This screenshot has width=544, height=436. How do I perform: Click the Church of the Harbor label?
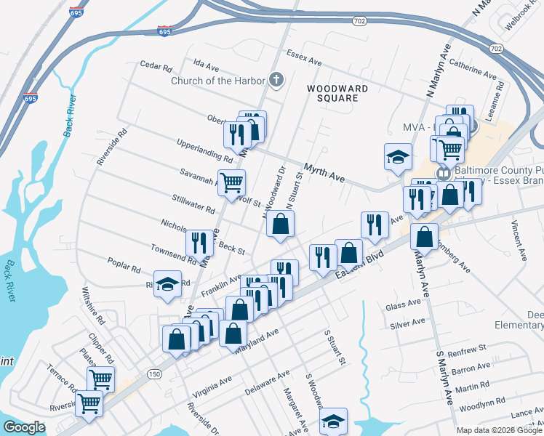pos(217,81)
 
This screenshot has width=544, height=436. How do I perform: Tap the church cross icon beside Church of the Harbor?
pos(276,80)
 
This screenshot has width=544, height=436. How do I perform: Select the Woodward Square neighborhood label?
pos(337,93)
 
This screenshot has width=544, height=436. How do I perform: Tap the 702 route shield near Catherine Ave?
pos(495,49)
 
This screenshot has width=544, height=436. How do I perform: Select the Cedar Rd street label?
pos(156,68)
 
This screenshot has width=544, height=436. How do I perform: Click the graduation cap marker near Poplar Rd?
pos(168,285)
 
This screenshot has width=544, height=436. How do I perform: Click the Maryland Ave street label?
pos(256,340)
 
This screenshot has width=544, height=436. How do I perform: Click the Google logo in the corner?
pos(25,427)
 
